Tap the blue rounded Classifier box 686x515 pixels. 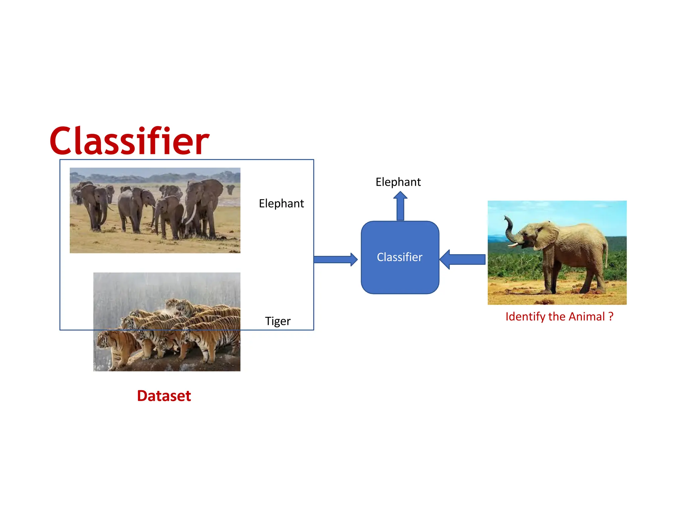point(400,257)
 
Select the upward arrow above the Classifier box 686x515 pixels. point(400,205)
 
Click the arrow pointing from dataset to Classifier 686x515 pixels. point(335,259)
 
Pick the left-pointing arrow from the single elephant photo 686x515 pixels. point(462,259)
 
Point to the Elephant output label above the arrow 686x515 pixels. point(398,182)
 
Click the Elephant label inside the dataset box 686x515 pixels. point(281,204)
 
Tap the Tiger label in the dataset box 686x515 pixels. point(278,321)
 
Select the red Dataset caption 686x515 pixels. point(164,396)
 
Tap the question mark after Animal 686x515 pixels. point(611,316)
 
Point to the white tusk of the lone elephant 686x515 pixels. point(514,244)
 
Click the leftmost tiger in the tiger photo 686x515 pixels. point(116,347)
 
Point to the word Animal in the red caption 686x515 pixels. point(587,317)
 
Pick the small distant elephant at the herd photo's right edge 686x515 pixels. point(230,189)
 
